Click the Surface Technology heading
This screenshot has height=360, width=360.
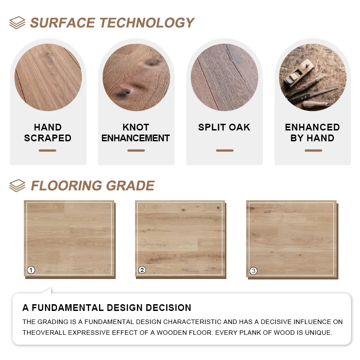[x=112, y=22]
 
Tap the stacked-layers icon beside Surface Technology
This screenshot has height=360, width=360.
[x=17, y=22]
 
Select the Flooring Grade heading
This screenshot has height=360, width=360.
[x=92, y=185]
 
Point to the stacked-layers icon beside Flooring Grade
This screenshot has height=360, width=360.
[x=17, y=185]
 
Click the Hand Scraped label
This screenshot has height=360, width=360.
[x=48, y=133]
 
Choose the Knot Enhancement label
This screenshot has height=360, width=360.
[x=135, y=133]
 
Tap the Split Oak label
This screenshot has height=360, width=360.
[x=224, y=127]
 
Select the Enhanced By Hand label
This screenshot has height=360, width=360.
[x=312, y=133]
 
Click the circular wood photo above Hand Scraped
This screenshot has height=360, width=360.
[x=48, y=77]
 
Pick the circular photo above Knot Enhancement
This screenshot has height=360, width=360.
[x=136, y=77]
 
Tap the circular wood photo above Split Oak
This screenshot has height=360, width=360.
[x=225, y=77]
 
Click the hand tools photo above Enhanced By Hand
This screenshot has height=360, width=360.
[x=313, y=77]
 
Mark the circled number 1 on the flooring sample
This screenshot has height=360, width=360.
[x=31, y=270]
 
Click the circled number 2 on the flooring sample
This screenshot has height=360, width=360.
[x=142, y=270]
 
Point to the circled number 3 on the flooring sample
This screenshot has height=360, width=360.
[x=253, y=271]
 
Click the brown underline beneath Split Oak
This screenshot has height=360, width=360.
[x=225, y=150]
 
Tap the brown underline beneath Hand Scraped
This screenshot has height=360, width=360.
[x=47, y=150]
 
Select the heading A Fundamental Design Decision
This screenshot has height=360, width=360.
[x=107, y=308]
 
